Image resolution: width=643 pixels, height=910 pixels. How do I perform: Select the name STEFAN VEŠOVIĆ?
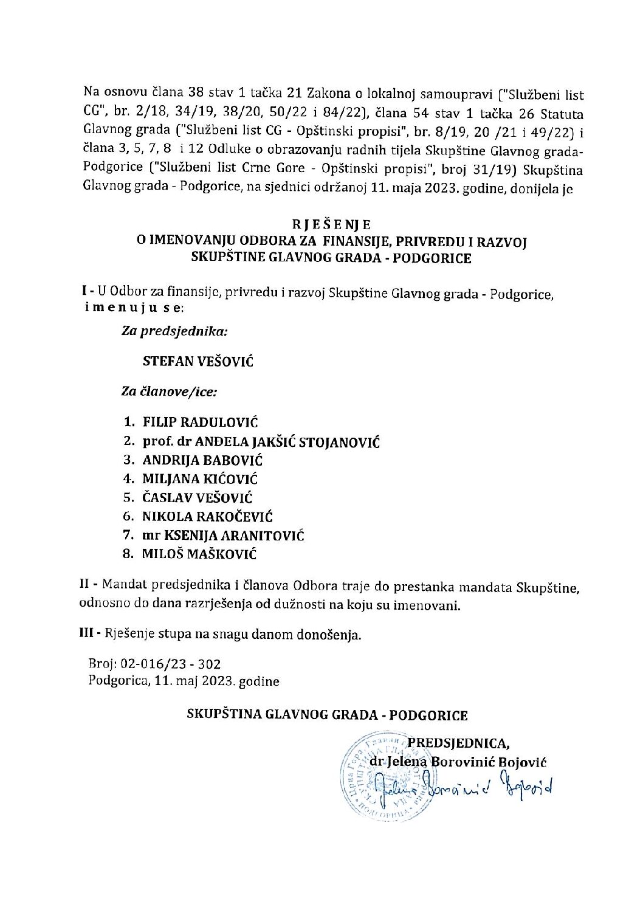click(x=198, y=362)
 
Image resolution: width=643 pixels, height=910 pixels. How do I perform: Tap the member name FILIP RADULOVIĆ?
click(x=201, y=422)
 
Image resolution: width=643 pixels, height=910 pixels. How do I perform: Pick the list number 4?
click(x=127, y=479)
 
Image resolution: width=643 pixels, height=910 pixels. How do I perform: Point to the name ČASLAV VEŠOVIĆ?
click(x=198, y=498)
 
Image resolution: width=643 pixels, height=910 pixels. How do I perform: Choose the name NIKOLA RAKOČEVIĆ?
click(x=207, y=517)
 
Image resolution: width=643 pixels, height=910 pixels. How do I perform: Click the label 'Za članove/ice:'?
click(x=170, y=392)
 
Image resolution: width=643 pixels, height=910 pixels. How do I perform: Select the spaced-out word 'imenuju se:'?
click(x=133, y=308)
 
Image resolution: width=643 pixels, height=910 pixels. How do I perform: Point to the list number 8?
click(x=127, y=554)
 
